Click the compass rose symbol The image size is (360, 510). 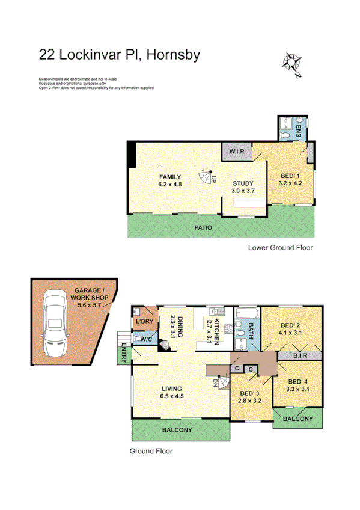click(292, 63)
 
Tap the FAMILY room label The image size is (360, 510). click(170, 177)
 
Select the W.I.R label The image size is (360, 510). click(236, 151)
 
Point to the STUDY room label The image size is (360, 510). click(243, 183)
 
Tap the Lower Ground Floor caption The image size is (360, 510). click(280, 248)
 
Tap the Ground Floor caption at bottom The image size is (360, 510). click(151, 450)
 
